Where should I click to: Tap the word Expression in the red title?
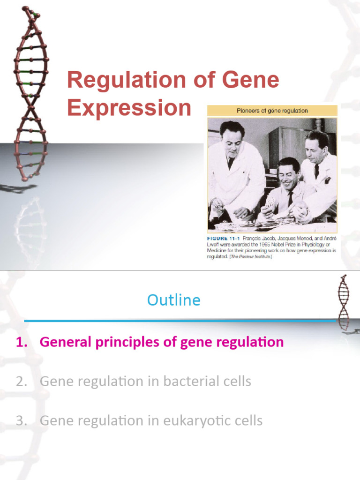(x=129, y=108)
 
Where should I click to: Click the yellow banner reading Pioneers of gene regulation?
(x=272, y=111)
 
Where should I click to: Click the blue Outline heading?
(x=174, y=300)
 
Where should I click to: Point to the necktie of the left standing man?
(x=231, y=163)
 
